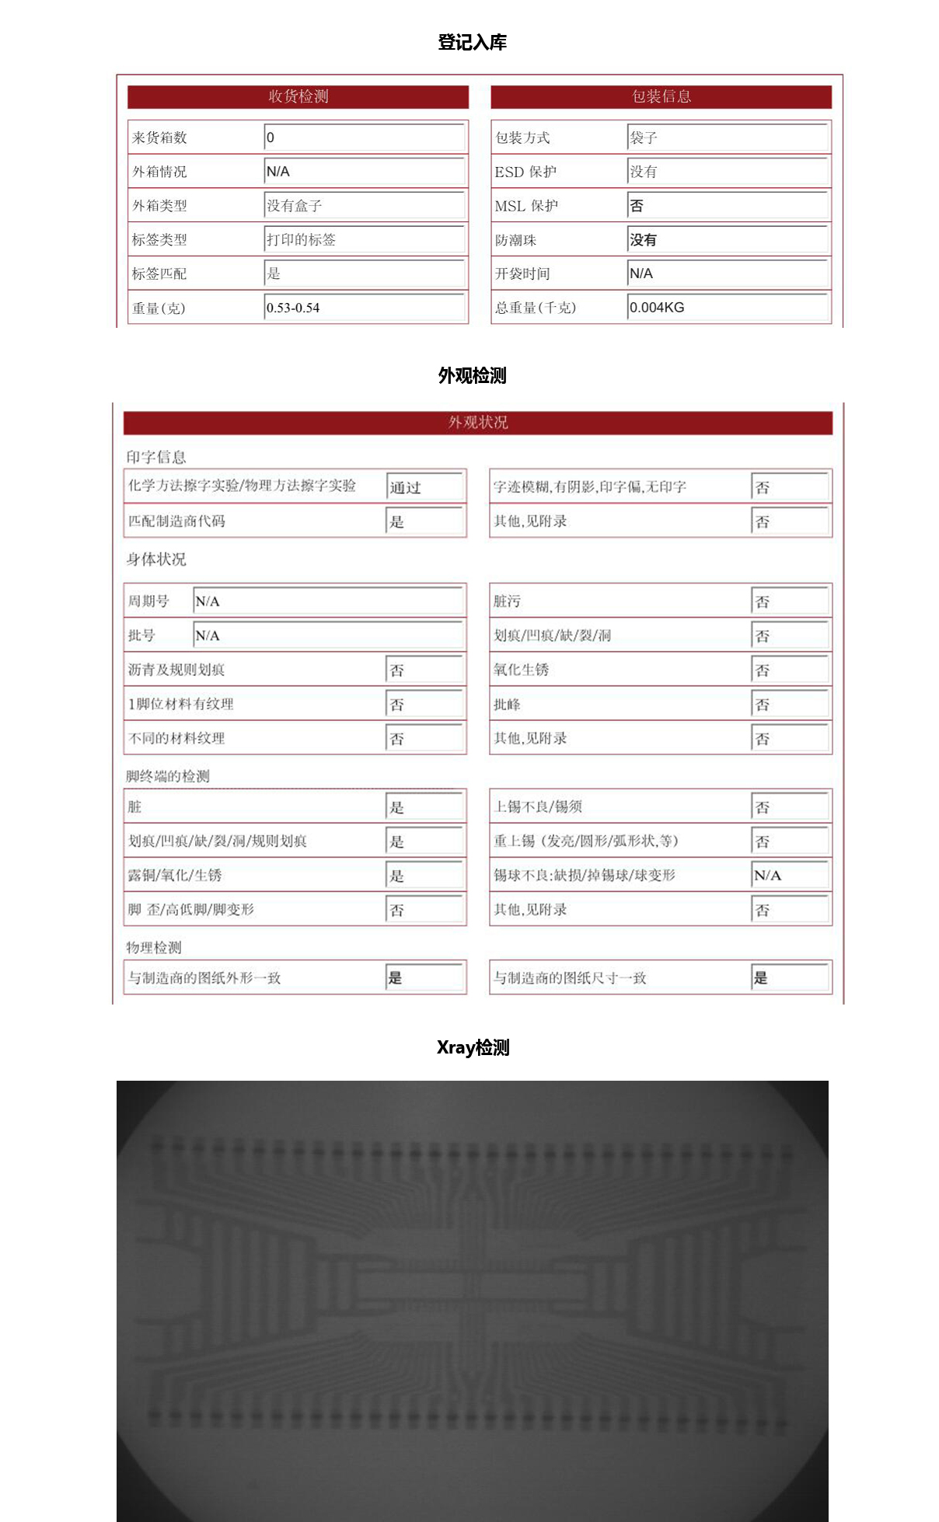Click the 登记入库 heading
point(472,43)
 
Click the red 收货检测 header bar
point(298,96)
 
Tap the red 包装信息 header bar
point(661,96)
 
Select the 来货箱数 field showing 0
point(364,138)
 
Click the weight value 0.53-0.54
point(364,308)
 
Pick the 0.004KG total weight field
point(727,308)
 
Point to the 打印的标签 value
point(364,239)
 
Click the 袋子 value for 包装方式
point(727,138)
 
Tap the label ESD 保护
point(525,172)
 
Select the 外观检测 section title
point(472,376)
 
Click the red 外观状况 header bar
point(477,423)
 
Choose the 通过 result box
point(424,487)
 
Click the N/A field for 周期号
point(327,601)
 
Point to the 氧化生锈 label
point(521,670)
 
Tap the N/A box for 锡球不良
point(789,876)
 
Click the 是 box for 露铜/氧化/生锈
point(424,876)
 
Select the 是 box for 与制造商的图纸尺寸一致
point(789,978)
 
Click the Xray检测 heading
point(473,1047)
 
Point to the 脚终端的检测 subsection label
point(168,776)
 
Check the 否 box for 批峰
point(789,705)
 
